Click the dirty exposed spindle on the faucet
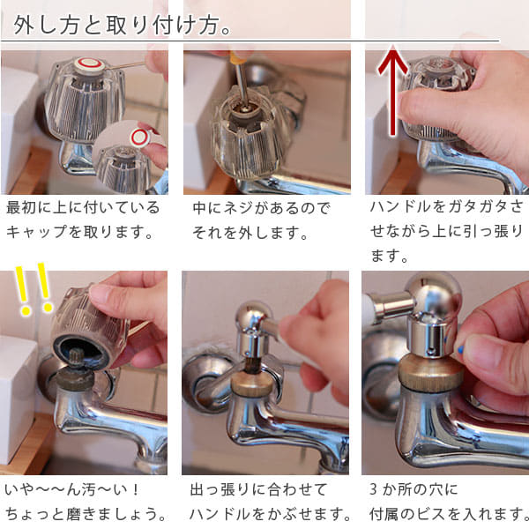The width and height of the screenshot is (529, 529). click(x=77, y=371)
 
